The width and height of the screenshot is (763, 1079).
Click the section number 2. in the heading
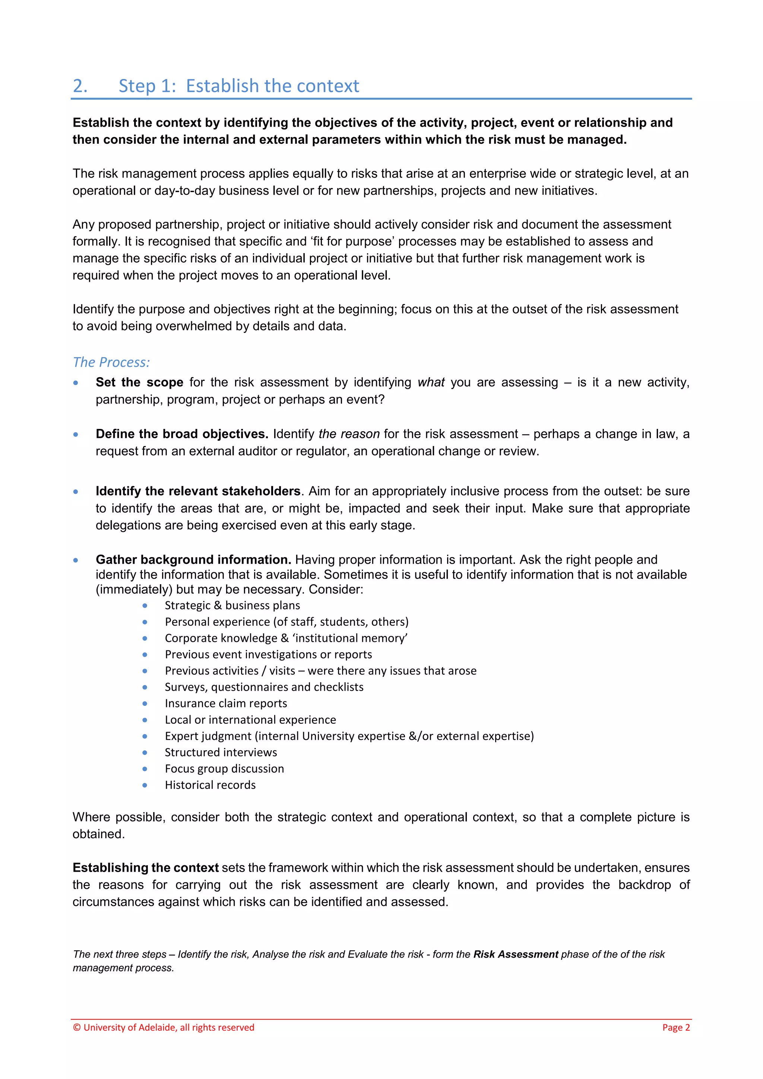click(x=80, y=86)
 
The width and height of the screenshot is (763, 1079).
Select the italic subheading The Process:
click(x=111, y=362)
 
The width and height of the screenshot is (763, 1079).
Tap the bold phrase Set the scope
click(x=139, y=382)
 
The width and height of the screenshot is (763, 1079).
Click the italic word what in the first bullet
click(x=431, y=382)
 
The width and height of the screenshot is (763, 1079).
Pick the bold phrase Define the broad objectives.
click(x=181, y=434)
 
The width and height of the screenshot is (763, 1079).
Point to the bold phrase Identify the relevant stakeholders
click(x=198, y=491)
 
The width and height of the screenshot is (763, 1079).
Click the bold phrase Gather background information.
click(x=193, y=559)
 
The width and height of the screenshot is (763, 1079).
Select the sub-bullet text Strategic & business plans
click(x=232, y=605)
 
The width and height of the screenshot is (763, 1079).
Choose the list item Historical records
click(x=210, y=785)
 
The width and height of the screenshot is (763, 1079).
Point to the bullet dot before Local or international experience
click(x=145, y=720)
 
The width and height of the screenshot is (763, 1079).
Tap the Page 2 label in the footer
click(x=675, y=1027)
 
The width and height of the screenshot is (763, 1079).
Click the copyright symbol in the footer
click(x=77, y=1027)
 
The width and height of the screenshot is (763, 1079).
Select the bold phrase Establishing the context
click(x=145, y=868)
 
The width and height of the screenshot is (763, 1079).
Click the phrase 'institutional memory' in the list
click(x=350, y=638)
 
